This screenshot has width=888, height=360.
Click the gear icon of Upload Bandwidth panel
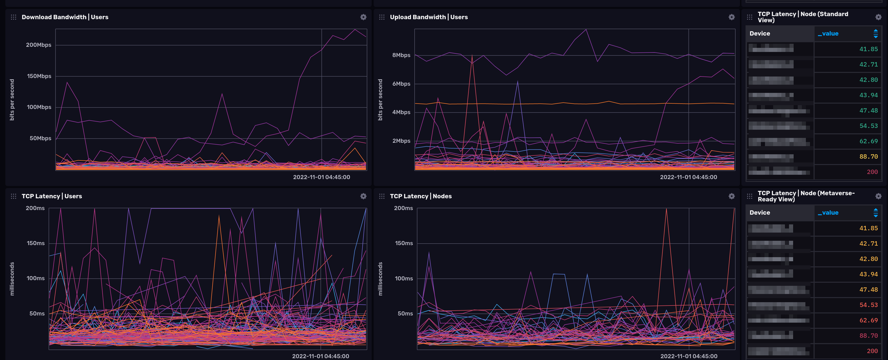tap(731, 17)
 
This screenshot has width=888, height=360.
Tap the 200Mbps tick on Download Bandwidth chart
tap(38, 45)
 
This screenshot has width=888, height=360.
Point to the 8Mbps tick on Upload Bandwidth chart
tap(401, 55)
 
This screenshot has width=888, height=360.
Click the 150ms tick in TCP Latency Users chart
tap(36, 243)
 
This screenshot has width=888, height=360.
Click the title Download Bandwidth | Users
tap(65, 17)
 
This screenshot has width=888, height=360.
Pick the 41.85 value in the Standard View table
tap(868, 49)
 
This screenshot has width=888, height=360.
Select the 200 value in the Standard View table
tap(872, 172)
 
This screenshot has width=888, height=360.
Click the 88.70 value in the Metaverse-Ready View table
tap(868, 335)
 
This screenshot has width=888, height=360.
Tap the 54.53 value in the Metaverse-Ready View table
tap(868, 305)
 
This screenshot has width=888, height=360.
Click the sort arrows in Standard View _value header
tap(875, 34)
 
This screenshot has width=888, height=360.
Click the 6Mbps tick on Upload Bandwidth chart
tap(401, 84)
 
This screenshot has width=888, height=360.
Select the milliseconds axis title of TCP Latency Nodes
tap(380, 279)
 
